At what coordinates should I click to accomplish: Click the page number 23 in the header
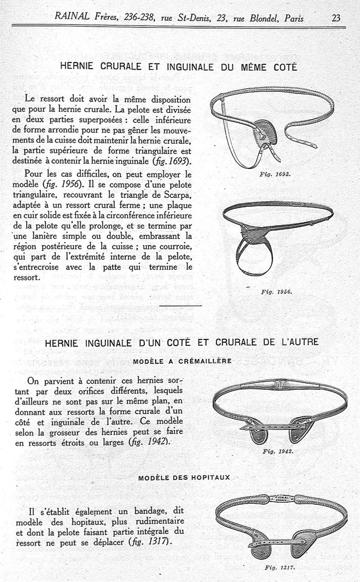(x=336, y=18)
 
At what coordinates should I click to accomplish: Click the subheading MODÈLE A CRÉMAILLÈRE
(x=182, y=361)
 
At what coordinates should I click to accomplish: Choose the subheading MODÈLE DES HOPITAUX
(x=184, y=477)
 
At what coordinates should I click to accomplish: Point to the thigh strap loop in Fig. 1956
(x=255, y=259)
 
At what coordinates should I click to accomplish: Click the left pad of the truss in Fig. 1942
(x=259, y=431)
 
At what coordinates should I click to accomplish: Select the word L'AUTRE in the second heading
(x=299, y=342)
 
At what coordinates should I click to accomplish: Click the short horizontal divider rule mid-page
(x=180, y=306)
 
